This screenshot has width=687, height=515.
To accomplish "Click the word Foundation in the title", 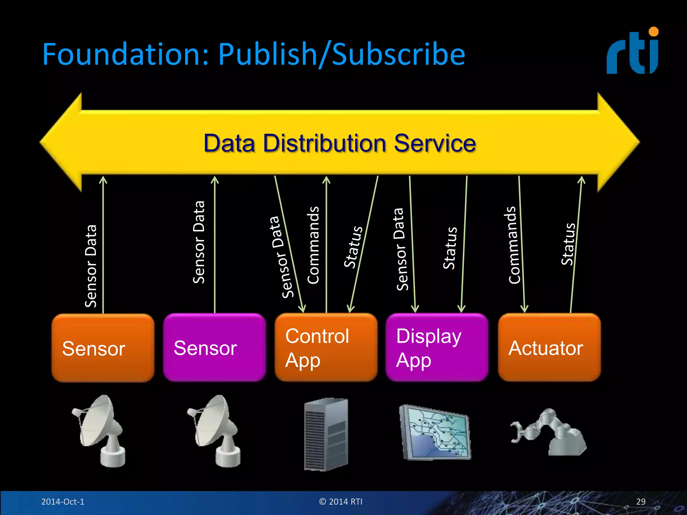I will (125, 54).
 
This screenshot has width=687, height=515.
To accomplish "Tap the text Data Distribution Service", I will (339, 144).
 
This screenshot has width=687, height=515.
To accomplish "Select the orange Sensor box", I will (103, 348).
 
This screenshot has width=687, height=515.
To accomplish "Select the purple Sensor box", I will (214, 347).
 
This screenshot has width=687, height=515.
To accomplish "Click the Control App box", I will (326, 347).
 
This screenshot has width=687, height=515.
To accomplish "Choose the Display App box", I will (437, 347).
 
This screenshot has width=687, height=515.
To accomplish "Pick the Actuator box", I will (549, 347).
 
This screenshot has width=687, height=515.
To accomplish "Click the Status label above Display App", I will (450, 248).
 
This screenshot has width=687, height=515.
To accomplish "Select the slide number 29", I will (641, 502).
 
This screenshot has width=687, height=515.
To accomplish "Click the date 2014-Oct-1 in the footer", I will (63, 502).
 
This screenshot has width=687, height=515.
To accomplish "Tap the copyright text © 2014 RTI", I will (341, 502).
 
